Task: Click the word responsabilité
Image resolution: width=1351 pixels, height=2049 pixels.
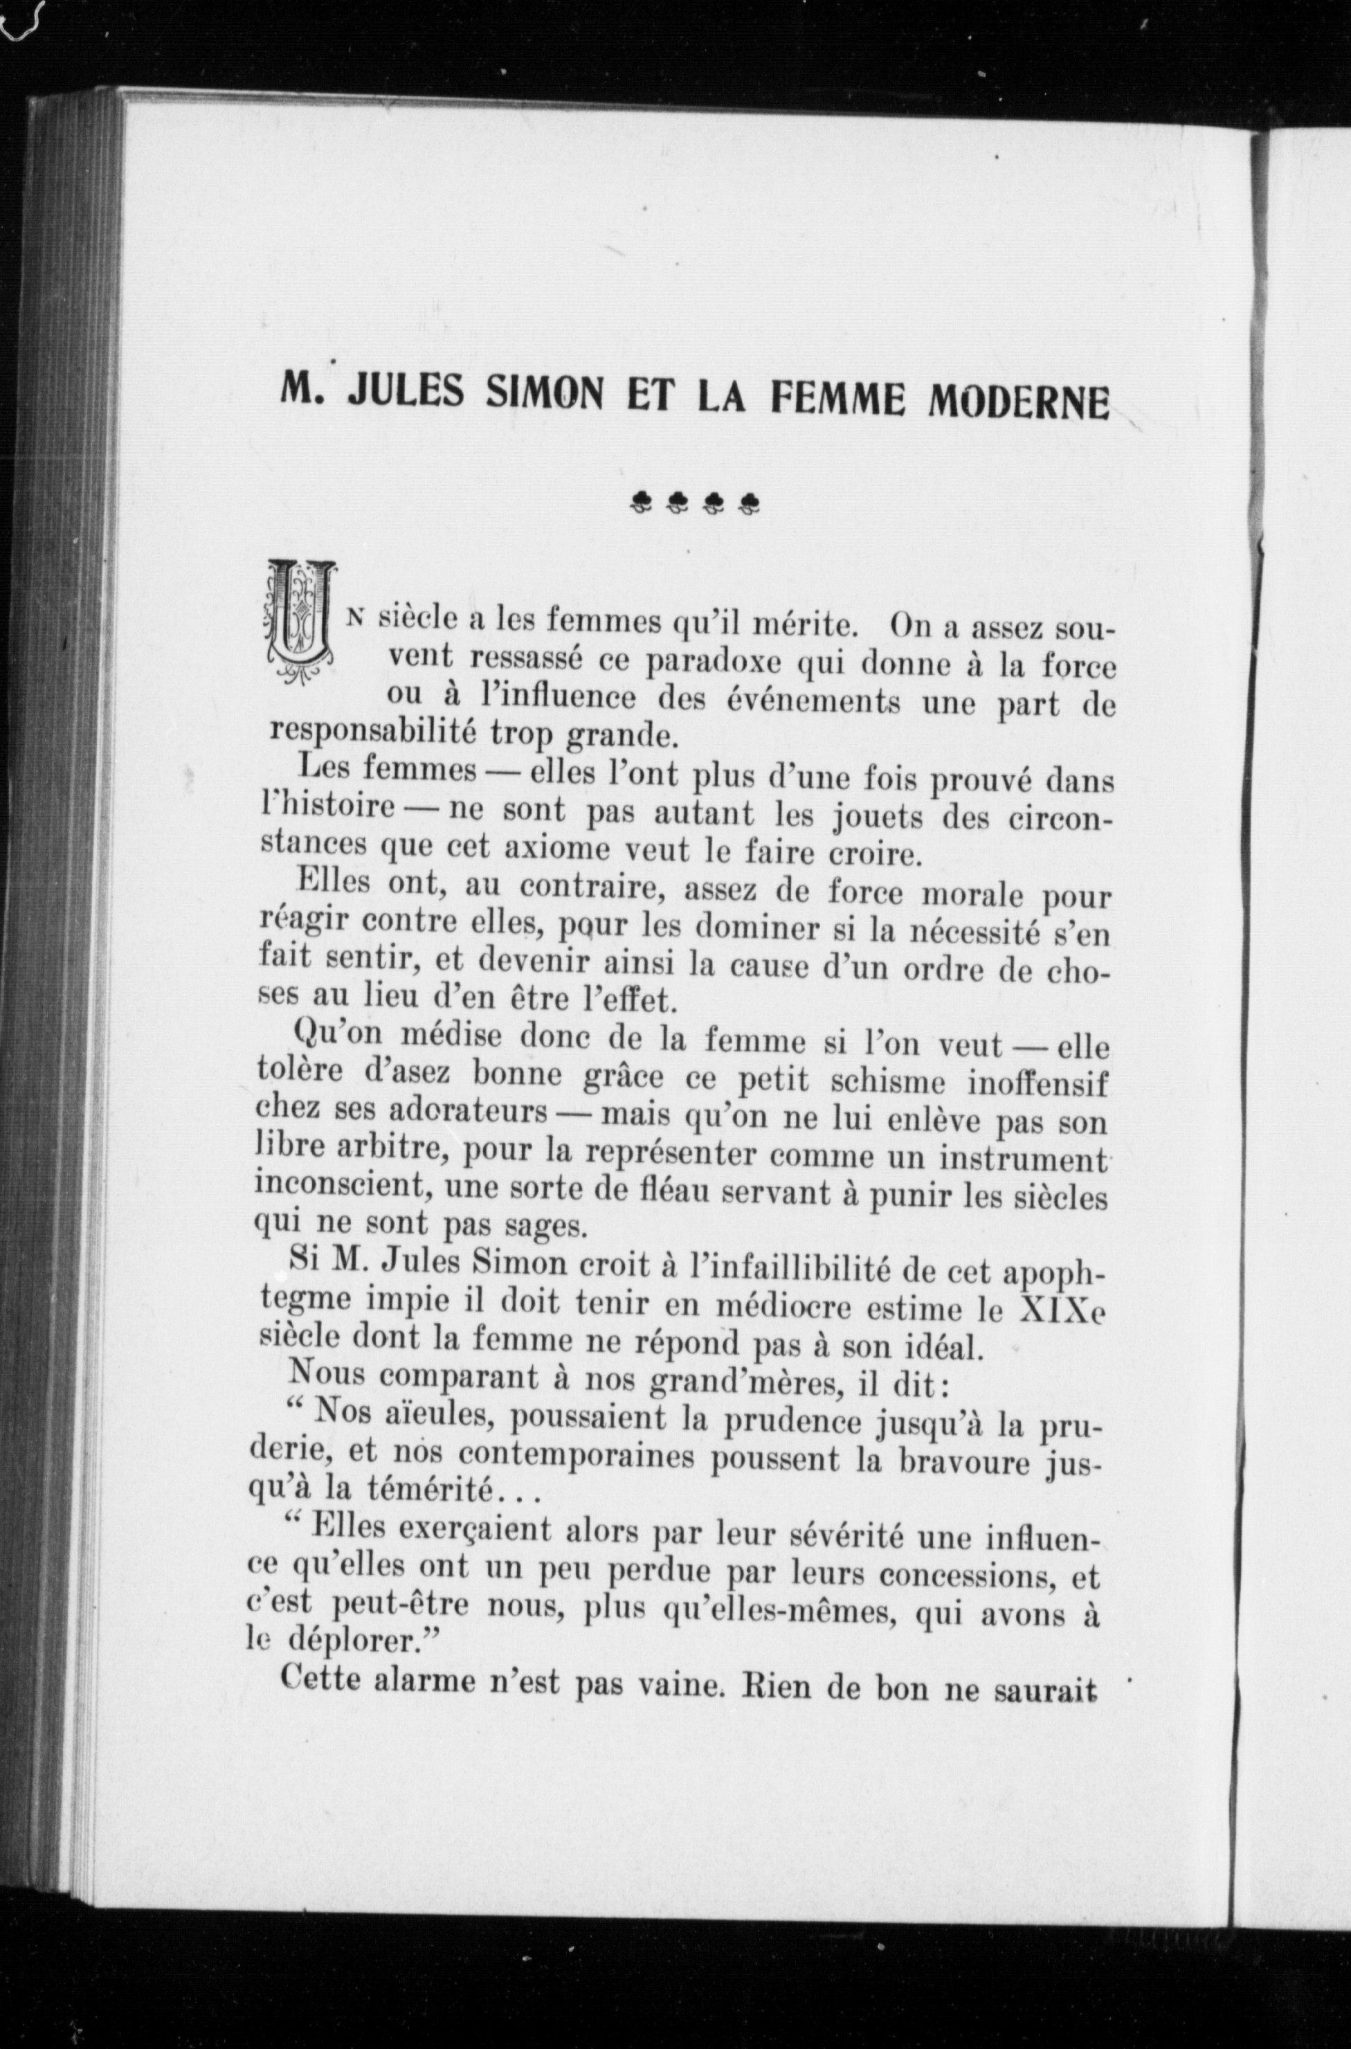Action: [x=374, y=732]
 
